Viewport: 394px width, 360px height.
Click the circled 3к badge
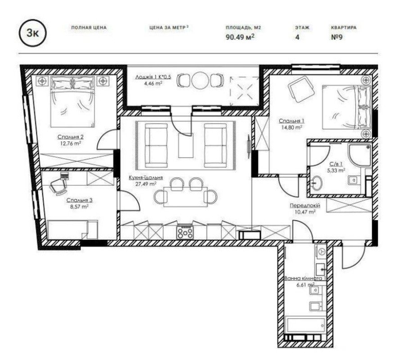tap(33, 33)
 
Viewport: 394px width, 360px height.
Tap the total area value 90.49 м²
tap(240, 37)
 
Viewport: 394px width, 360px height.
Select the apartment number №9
tap(337, 37)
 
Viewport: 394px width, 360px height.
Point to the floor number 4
tap(298, 37)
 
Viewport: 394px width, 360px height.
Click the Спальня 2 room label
tap(70, 137)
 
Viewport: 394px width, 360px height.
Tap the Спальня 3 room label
tap(79, 200)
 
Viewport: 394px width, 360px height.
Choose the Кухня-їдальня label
tap(146, 177)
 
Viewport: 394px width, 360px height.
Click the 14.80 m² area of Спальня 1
tap(292, 127)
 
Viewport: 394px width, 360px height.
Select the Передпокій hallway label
tap(305, 206)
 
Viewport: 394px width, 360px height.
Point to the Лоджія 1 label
tap(153, 77)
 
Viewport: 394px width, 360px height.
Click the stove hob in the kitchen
tap(185, 232)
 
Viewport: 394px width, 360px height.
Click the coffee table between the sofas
tap(186, 146)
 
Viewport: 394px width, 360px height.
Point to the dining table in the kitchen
tap(186, 197)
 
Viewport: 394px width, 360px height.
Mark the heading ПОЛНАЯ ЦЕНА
tap(89, 27)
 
